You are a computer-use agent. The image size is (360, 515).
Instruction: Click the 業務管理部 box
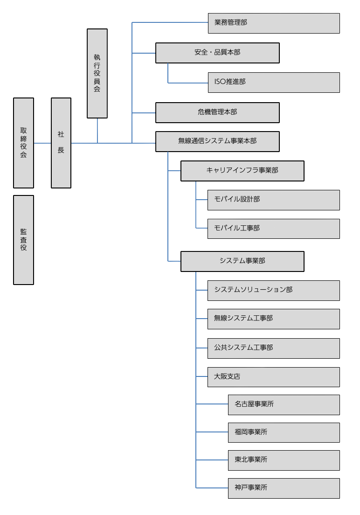pyautogui.click(x=274, y=23)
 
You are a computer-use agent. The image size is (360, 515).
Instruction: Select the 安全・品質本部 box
pyautogui.click(x=217, y=53)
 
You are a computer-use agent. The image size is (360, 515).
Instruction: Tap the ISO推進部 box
pyautogui.click(x=274, y=82)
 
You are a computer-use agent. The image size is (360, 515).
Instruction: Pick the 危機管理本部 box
pyautogui.click(x=217, y=112)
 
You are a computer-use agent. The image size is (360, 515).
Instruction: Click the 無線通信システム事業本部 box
pyautogui.click(x=217, y=141)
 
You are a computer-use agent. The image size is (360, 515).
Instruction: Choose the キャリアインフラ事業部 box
pyautogui.click(x=242, y=171)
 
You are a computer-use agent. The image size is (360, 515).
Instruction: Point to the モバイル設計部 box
pyautogui.click(x=274, y=200)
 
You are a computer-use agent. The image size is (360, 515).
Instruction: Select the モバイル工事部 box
pyautogui.click(x=274, y=229)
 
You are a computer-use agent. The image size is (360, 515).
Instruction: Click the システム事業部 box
pyautogui.click(x=242, y=261)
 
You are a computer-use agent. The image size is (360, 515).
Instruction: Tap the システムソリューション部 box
pyautogui.click(x=274, y=290)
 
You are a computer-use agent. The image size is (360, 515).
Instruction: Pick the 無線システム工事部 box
pyautogui.click(x=274, y=319)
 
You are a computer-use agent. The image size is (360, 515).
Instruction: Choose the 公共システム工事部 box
pyautogui.click(x=274, y=348)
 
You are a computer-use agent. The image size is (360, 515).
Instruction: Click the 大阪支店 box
pyautogui.click(x=274, y=377)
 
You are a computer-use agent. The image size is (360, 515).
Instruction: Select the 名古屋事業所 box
pyautogui.click(x=284, y=404)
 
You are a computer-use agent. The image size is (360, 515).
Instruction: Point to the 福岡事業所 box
pyautogui.click(x=284, y=432)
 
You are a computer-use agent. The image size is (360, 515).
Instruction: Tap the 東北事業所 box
pyautogui.click(x=284, y=460)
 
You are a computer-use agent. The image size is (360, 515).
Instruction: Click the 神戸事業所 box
pyautogui.click(x=284, y=488)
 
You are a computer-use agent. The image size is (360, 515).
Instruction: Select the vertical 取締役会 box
pyautogui.click(x=23, y=143)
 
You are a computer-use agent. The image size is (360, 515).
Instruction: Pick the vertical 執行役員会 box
pyautogui.click(x=97, y=73)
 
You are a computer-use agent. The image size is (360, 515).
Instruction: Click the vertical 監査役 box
pyautogui.click(x=23, y=240)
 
